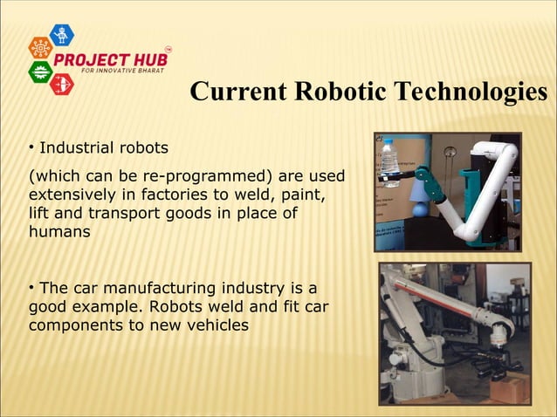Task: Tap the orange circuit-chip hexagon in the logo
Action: click(40, 49)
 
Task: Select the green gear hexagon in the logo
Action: click(40, 72)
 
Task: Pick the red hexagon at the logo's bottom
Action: click(62, 85)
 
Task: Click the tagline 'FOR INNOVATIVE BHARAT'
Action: click(122, 70)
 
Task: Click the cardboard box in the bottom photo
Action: click(509, 387)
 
